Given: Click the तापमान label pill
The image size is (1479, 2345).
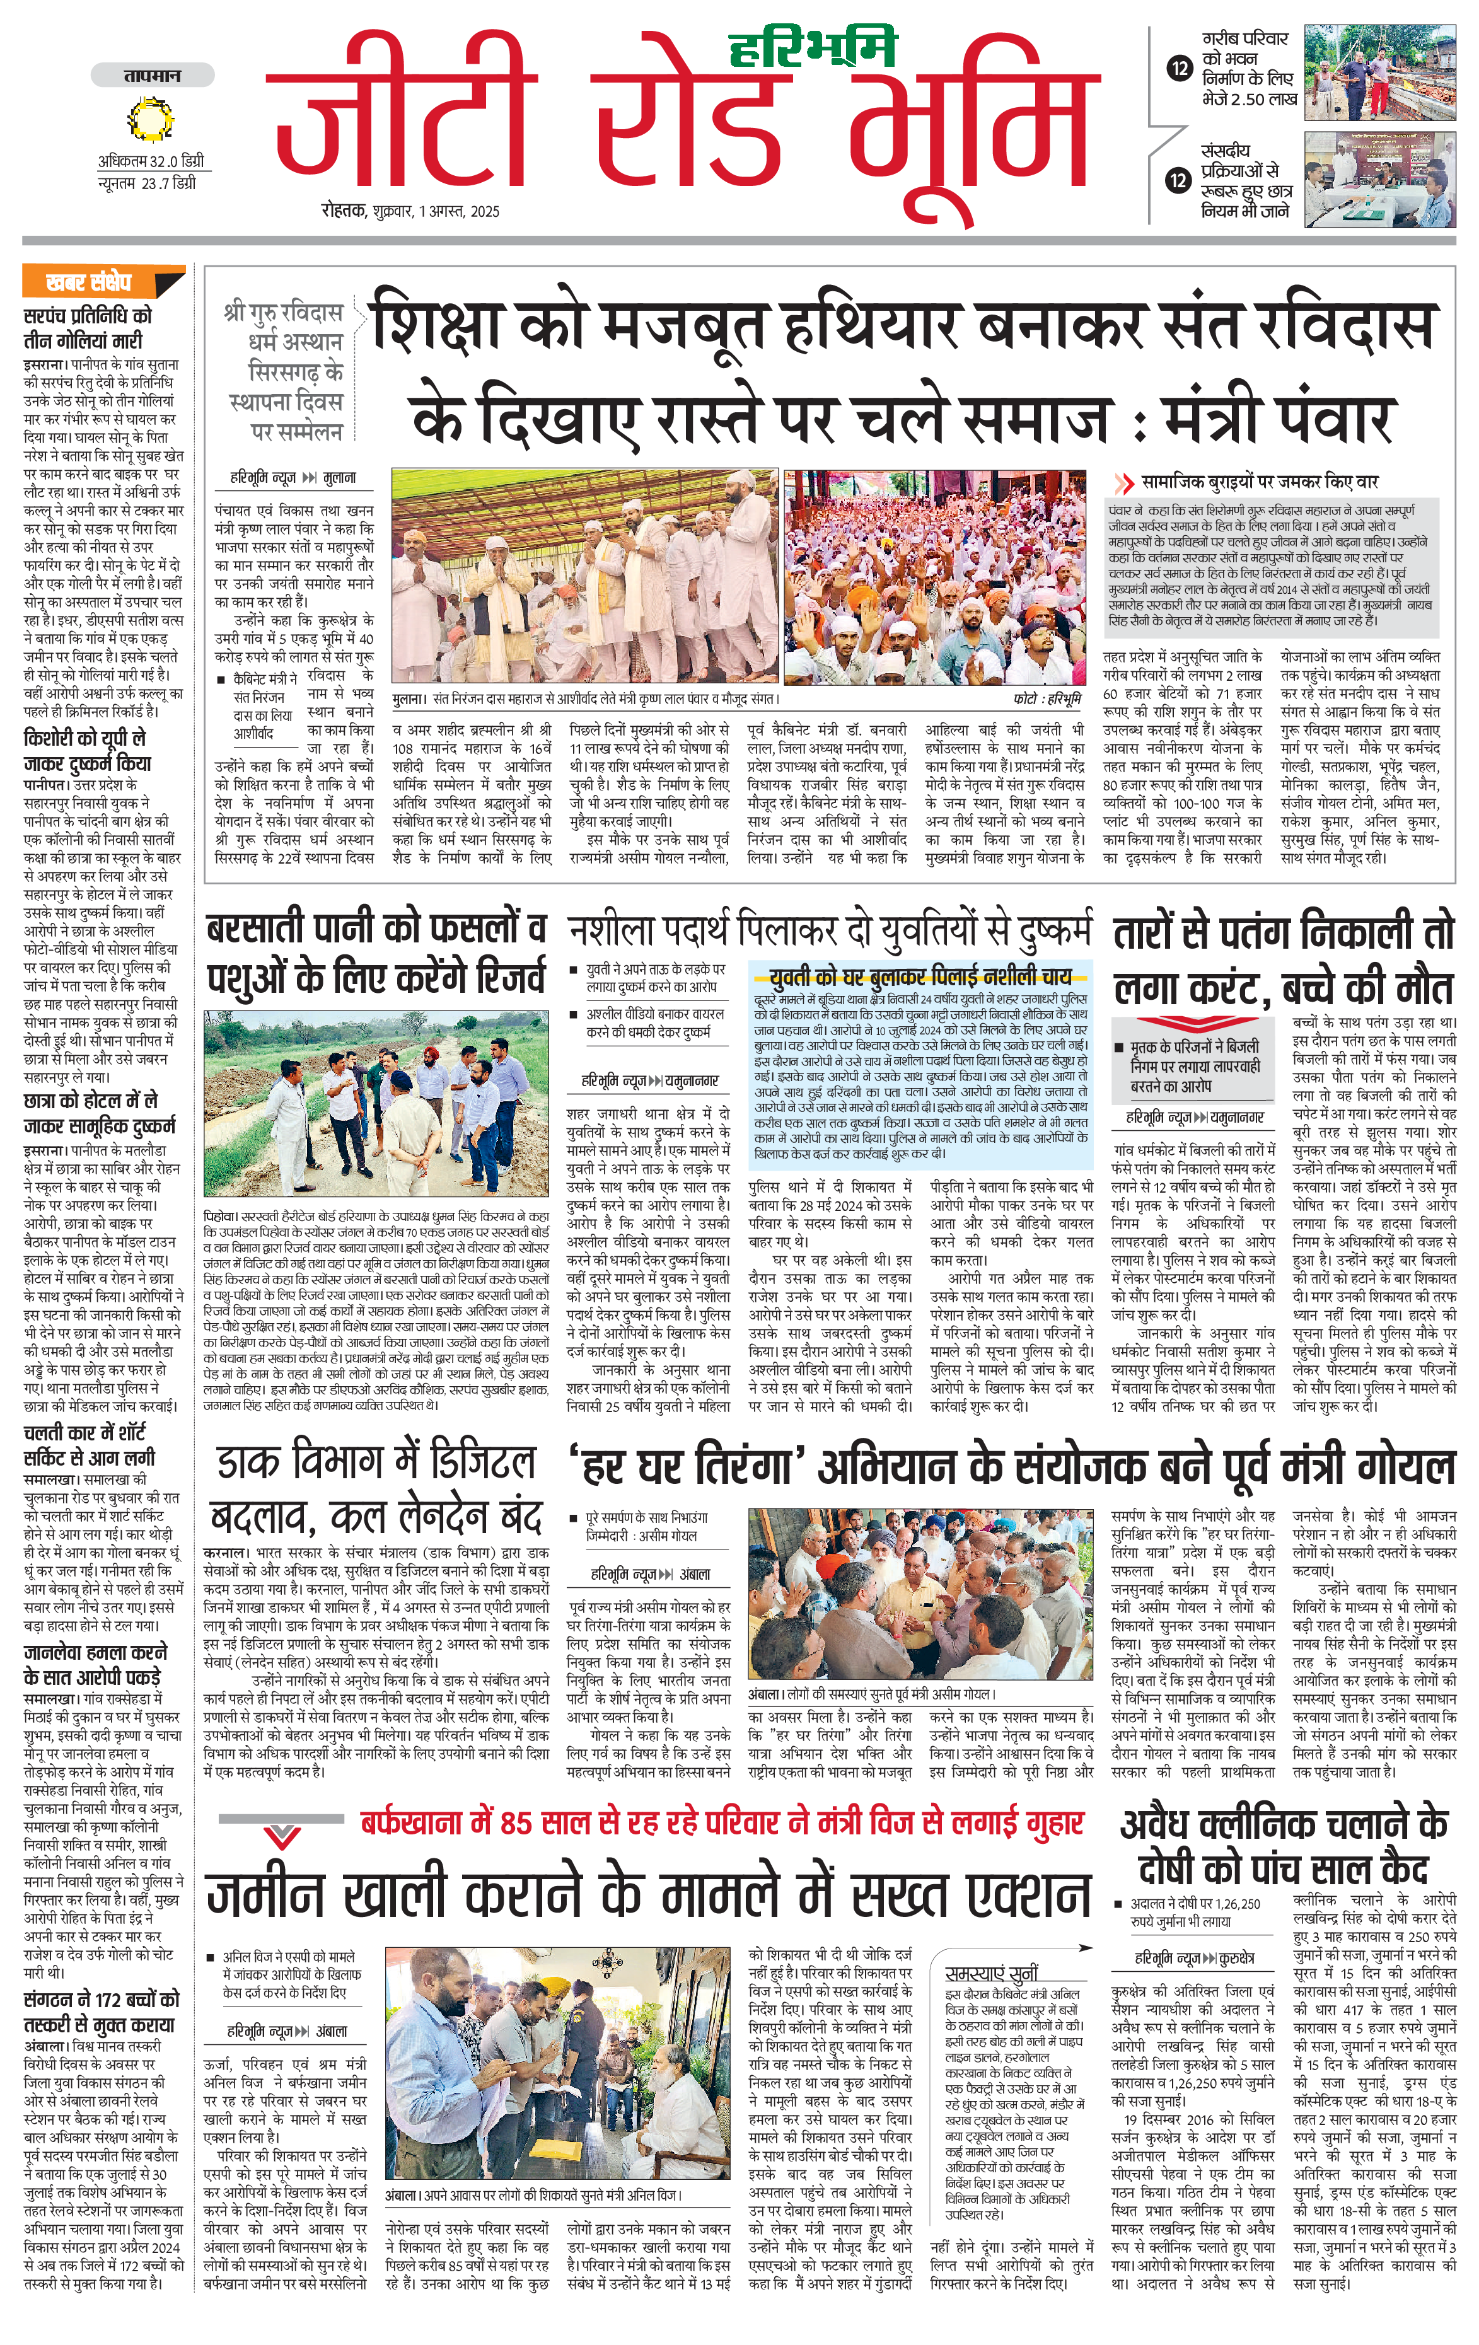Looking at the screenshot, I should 152,76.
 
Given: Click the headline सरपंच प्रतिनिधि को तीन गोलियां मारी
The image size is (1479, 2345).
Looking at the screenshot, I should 88,328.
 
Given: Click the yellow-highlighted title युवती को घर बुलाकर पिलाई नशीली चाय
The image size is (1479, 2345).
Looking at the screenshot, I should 919,976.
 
